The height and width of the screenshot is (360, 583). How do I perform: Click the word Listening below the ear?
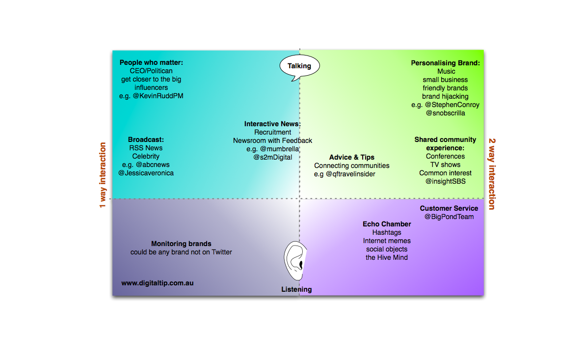296,289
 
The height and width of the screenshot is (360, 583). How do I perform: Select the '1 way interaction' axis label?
103,175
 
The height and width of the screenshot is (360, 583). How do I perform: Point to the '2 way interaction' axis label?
492,174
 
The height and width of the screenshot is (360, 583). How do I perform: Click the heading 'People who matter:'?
151,62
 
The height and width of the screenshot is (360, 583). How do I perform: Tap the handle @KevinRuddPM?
158,96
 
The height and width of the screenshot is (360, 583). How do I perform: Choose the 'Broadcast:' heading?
146,139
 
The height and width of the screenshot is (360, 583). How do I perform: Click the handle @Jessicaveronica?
146,173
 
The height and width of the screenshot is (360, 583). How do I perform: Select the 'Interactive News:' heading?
272,124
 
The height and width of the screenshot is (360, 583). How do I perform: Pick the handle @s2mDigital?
272,158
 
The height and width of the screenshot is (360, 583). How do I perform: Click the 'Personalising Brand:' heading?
446,63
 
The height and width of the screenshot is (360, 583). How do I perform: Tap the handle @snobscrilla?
446,113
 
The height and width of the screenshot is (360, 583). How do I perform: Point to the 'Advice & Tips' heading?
352,158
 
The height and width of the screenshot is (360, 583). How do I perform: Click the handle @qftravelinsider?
350,174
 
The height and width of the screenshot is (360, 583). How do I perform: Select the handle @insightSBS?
446,182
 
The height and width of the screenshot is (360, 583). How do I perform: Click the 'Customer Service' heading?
449,208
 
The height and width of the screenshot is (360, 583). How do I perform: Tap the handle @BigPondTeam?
449,217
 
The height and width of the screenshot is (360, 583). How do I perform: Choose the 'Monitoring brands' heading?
181,244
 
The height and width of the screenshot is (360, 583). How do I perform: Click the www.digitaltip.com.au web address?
157,283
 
